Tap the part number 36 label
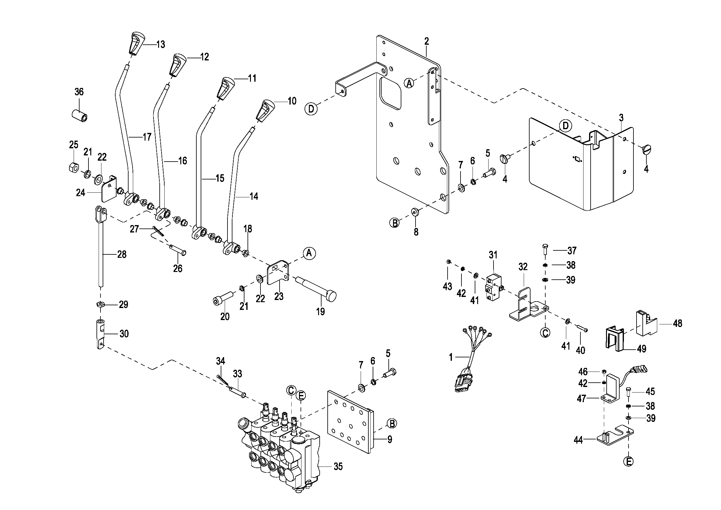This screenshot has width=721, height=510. pyautogui.click(x=79, y=92)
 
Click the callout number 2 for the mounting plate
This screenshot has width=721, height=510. pyautogui.click(x=426, y=41)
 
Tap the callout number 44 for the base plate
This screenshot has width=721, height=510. pyautogui.click(x=578, y=440)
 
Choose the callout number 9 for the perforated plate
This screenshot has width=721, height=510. pyautogui.click(x=389, y=439)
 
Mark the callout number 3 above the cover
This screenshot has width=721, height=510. pyautogui.click(x=621, y=118)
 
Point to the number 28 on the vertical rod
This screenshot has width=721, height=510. pyautogui.click(x=122, y=254)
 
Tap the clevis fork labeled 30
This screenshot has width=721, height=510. pyautogui.click(x=100, y=335)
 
